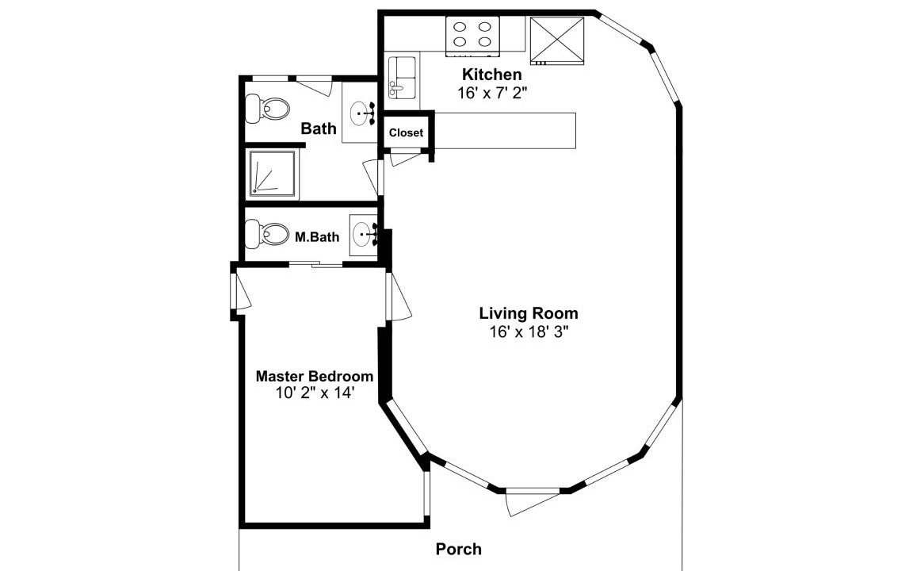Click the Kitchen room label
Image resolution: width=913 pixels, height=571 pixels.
click(492, 75)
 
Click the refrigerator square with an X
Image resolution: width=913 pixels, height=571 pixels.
click(556, 40)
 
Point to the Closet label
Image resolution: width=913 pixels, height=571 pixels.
click(406, 133)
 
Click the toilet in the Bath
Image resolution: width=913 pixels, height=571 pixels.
click(267, 109)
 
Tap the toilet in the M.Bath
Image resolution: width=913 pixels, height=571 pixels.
click(267, 234)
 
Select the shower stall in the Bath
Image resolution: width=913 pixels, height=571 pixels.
click(273, 174)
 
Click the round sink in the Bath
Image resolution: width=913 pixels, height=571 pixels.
click(361, 113)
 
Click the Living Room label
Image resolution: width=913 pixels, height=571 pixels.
click(529, 313)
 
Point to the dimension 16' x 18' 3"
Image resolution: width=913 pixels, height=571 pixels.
click(529, 332)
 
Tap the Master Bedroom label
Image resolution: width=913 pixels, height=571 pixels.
click(315, 375)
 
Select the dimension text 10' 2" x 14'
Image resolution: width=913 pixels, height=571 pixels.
click(315, 393)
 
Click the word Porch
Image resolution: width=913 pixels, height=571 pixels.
click(459, 549)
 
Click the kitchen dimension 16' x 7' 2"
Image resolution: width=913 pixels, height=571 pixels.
click(492, 94)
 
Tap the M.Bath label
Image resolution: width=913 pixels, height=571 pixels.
click(317, 237)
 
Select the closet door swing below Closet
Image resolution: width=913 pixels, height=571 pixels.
click(405, 158)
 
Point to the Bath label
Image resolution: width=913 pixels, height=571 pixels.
click(319, 128)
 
